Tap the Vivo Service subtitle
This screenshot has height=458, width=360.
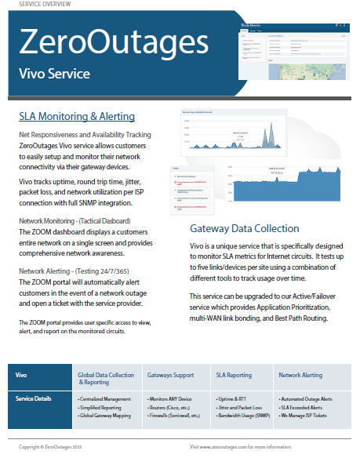click(59, 75)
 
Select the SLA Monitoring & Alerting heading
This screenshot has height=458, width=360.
click(76, 117)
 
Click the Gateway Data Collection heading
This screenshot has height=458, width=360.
click(244, 228)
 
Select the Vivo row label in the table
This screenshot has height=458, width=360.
click(26, 375)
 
